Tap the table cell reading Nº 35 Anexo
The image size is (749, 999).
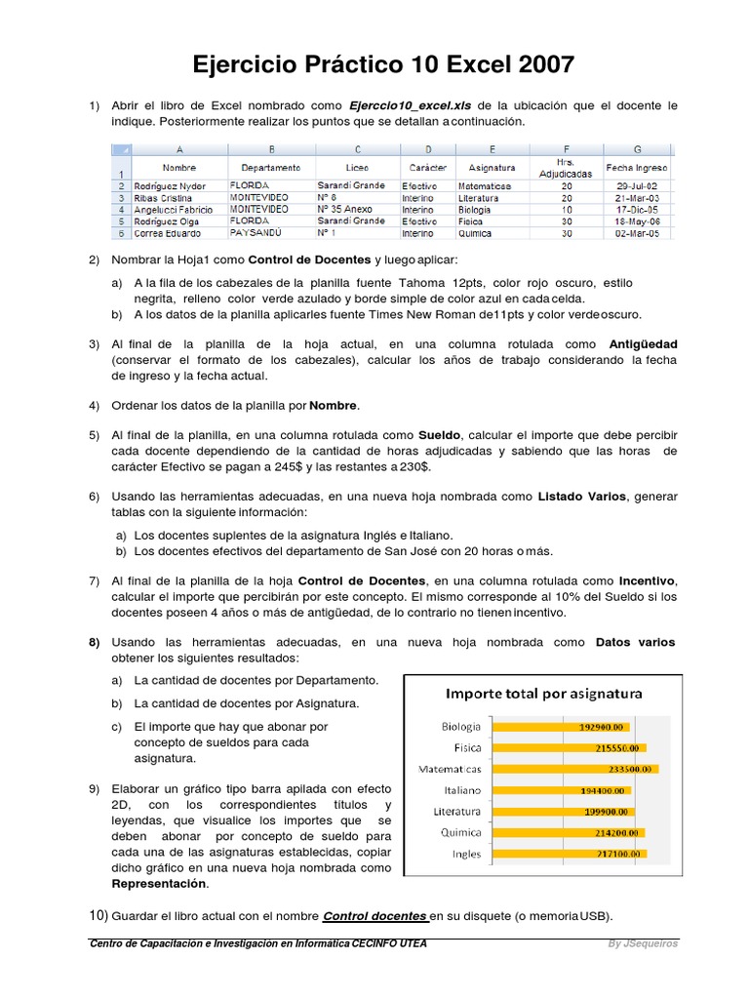(345, 210)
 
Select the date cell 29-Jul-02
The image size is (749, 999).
(638, 185)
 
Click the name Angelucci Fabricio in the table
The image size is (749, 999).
(174, 210)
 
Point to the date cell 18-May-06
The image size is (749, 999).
(638, 221)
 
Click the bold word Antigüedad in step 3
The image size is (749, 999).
(643, 344)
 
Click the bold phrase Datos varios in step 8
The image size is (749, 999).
(635, 642)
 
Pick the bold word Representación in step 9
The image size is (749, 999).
(160, 883)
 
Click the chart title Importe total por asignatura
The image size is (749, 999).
(544, 694)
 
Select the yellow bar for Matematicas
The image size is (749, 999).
(576, 769)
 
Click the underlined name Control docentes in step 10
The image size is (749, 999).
(375, 915)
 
